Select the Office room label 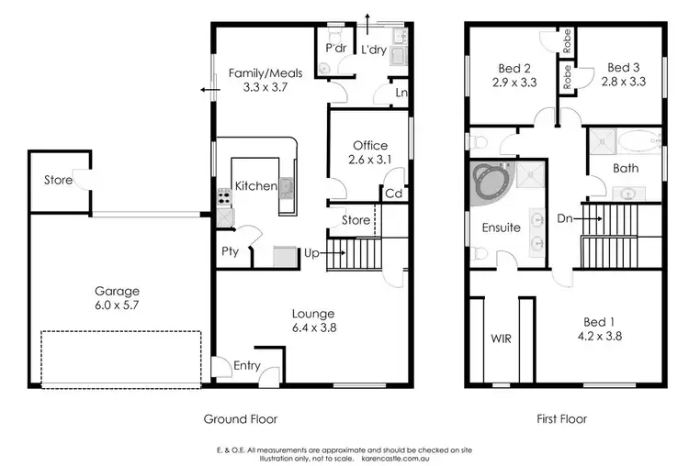point(370,145)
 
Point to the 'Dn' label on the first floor point(566,218)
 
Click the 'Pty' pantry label point(230,252)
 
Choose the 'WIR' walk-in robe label point(502,338)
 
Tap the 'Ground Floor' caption point(239,418)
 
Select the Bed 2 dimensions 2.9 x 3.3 point(514,83)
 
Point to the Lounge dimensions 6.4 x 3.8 point(314,327)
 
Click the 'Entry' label point(246,366)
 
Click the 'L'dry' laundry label point(374,50)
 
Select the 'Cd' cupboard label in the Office point(393,193)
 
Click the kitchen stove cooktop point(223,195)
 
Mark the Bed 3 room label point(623,68)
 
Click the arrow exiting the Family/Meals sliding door point(206,90)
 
